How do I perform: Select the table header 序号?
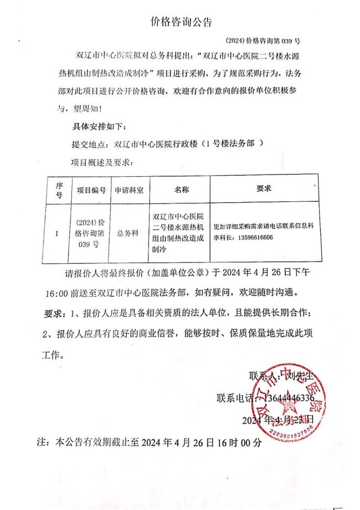(x=59, y=191)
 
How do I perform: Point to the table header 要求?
(x=264, y=188)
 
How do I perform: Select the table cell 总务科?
(x=127, y=234)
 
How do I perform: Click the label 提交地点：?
(x=89, y=144)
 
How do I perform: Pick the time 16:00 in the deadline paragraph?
(x=55, y=293)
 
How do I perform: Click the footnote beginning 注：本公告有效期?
(x=148, y=442)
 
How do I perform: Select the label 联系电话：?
(x=233, y=398)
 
